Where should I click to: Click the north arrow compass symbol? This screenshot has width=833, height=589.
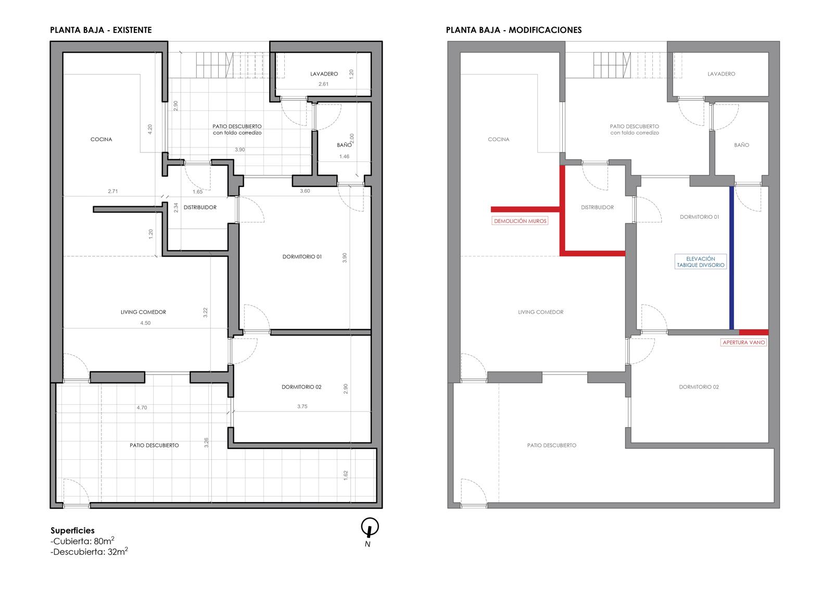point(370,527)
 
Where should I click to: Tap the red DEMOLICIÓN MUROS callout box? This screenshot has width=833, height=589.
point(520,221)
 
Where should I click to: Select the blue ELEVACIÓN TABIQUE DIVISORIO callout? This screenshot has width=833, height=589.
point(701,261)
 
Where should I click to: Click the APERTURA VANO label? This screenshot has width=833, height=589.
point(744,342)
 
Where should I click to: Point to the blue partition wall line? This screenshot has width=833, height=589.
point(731,258)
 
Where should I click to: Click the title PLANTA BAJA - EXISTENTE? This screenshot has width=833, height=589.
point(101,30)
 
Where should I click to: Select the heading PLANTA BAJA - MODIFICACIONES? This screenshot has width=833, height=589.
point(514,30)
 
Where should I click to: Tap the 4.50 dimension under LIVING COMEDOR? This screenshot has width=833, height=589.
point(145,323)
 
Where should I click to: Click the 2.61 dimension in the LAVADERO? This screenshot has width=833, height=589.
point(323,84)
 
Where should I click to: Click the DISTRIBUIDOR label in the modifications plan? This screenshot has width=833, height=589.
point(597,207)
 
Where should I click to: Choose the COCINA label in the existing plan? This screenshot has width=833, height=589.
point(101,139)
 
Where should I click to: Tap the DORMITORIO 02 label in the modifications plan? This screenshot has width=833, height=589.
point(699,387)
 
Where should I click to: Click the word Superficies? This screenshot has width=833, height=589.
point(72,531)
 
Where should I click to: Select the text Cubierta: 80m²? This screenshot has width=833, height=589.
point(82,541)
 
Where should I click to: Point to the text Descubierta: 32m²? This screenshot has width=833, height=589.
point(89,552)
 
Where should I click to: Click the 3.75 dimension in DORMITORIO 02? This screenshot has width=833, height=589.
point(302,406)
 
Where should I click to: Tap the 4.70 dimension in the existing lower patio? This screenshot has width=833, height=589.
point(142,407)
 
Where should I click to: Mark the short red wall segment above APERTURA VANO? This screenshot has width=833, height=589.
point(754,332)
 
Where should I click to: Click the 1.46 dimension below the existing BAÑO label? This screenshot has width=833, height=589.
point(344,157)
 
